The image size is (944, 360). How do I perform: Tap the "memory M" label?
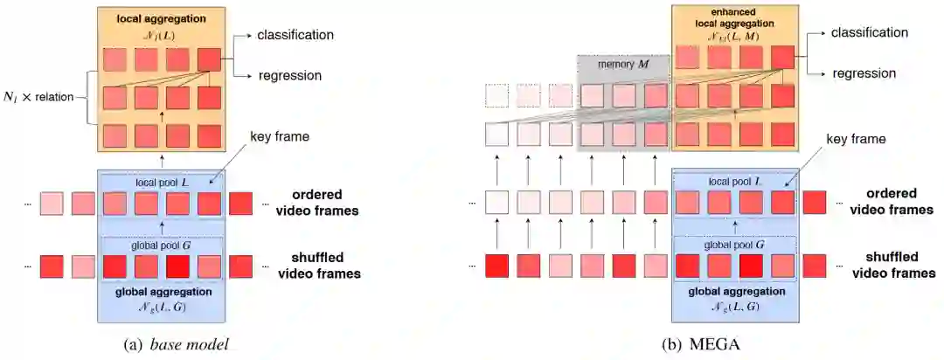point(623,66)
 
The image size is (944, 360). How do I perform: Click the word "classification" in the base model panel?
point(295,36)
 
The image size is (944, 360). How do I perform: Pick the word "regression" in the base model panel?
point(289,76)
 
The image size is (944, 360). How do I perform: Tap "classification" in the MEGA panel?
point(870,32)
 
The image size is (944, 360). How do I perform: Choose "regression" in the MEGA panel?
point(864,73)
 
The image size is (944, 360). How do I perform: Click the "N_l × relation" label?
point(43,96)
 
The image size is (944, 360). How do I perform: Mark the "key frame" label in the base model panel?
point(277,138)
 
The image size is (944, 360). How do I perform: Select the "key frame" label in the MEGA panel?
point(856,138)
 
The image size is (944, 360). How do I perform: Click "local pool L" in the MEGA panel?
point(733,181)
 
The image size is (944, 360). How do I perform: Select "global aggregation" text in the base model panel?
point(162,291)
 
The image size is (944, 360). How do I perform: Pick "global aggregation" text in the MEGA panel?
point(734,291)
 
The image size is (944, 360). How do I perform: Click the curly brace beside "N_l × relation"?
point(89,96)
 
